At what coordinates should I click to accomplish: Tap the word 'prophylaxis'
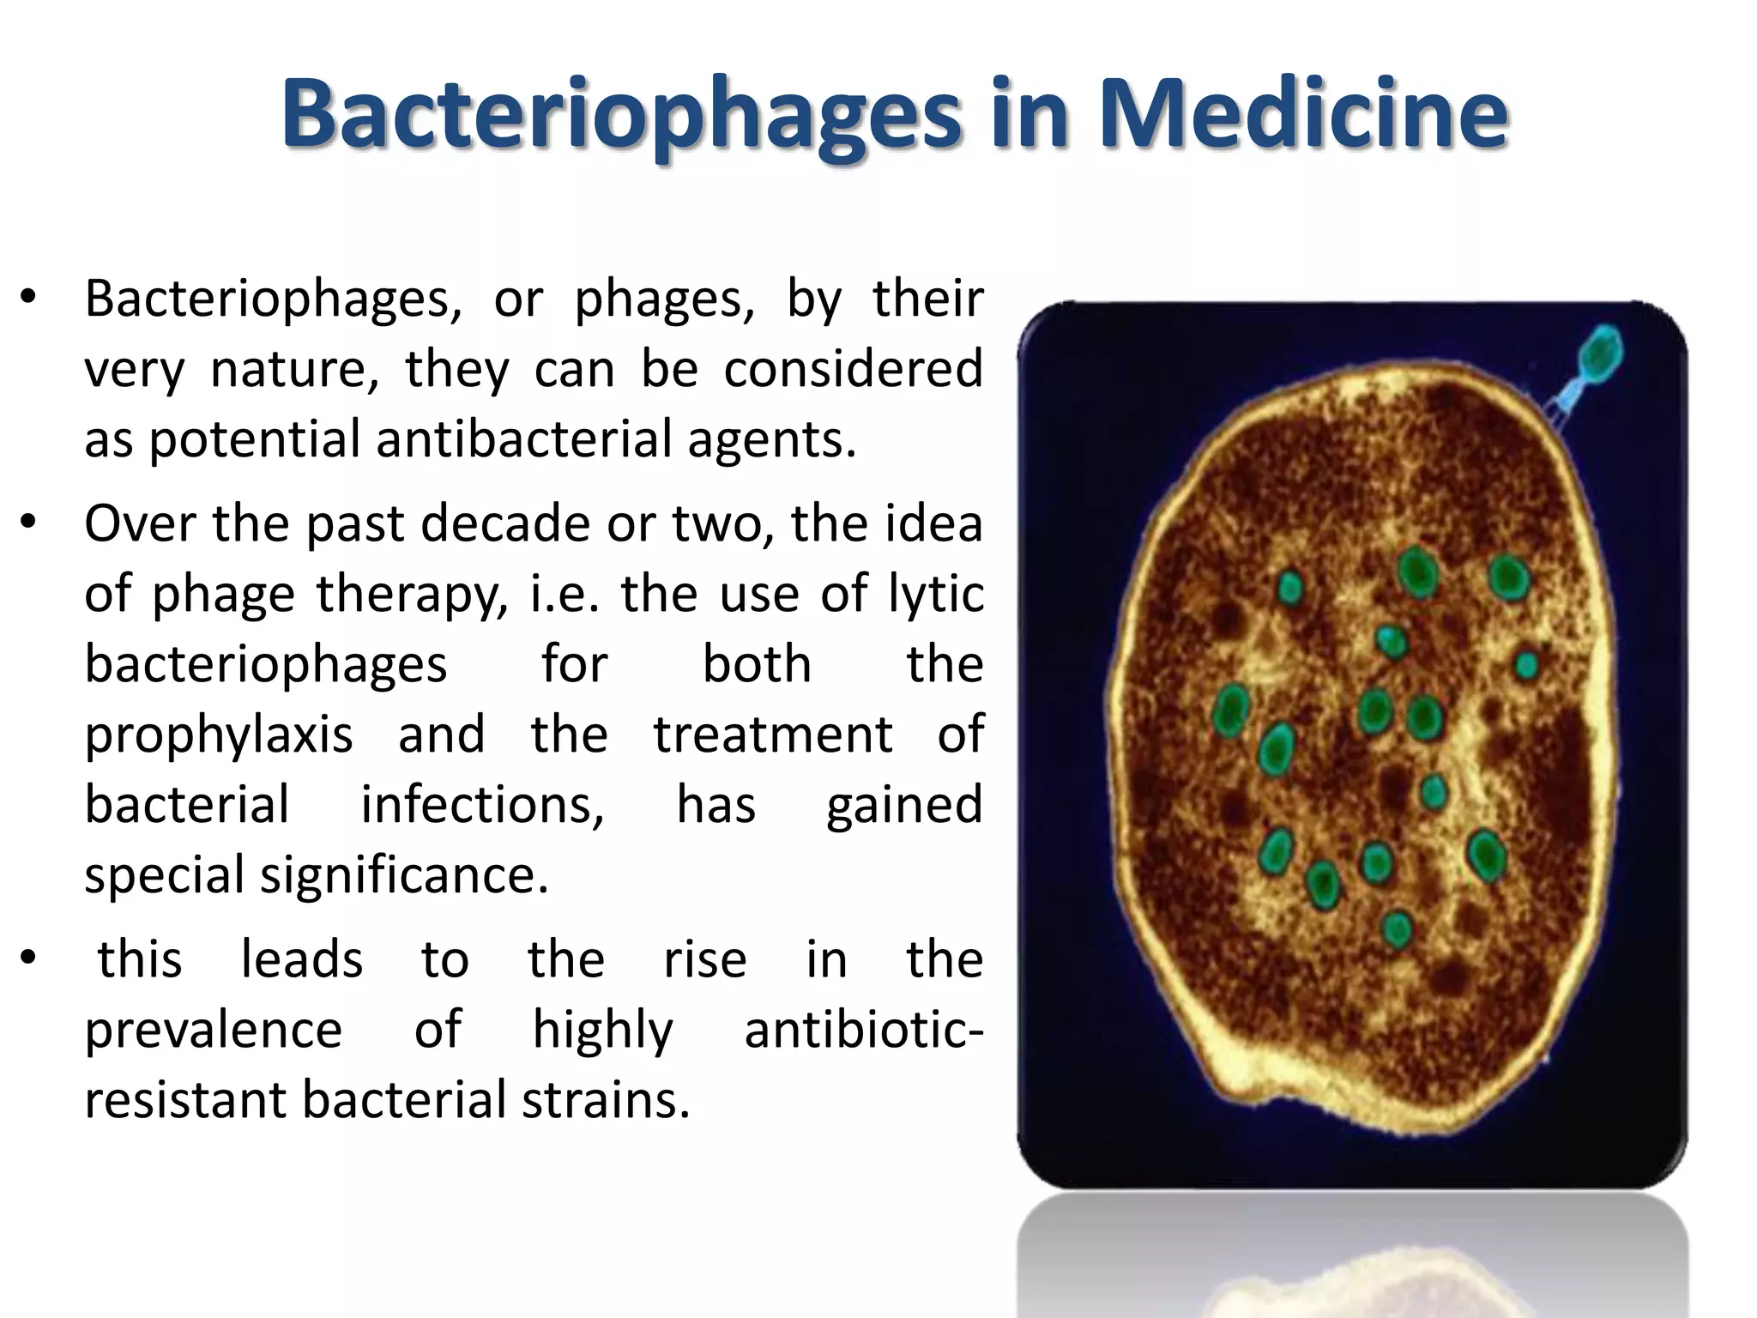click(x=219, y=735)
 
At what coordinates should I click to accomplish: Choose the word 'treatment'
click(x=773, y=735)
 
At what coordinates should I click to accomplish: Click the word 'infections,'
click(x=482, y=806)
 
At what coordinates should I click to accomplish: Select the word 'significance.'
click(x=404, y=876)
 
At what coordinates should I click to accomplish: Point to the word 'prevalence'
click(x=214, y=1030)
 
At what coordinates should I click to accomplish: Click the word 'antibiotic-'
click(x=863, y=1030)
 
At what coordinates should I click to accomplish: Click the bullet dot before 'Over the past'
click(x=28, y=523)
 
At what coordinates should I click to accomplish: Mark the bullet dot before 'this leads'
click(x=28, y=958)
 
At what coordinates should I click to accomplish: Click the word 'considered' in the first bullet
click(x=853, y=369)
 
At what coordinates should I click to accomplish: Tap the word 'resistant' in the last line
click(x=184, y=1100)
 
